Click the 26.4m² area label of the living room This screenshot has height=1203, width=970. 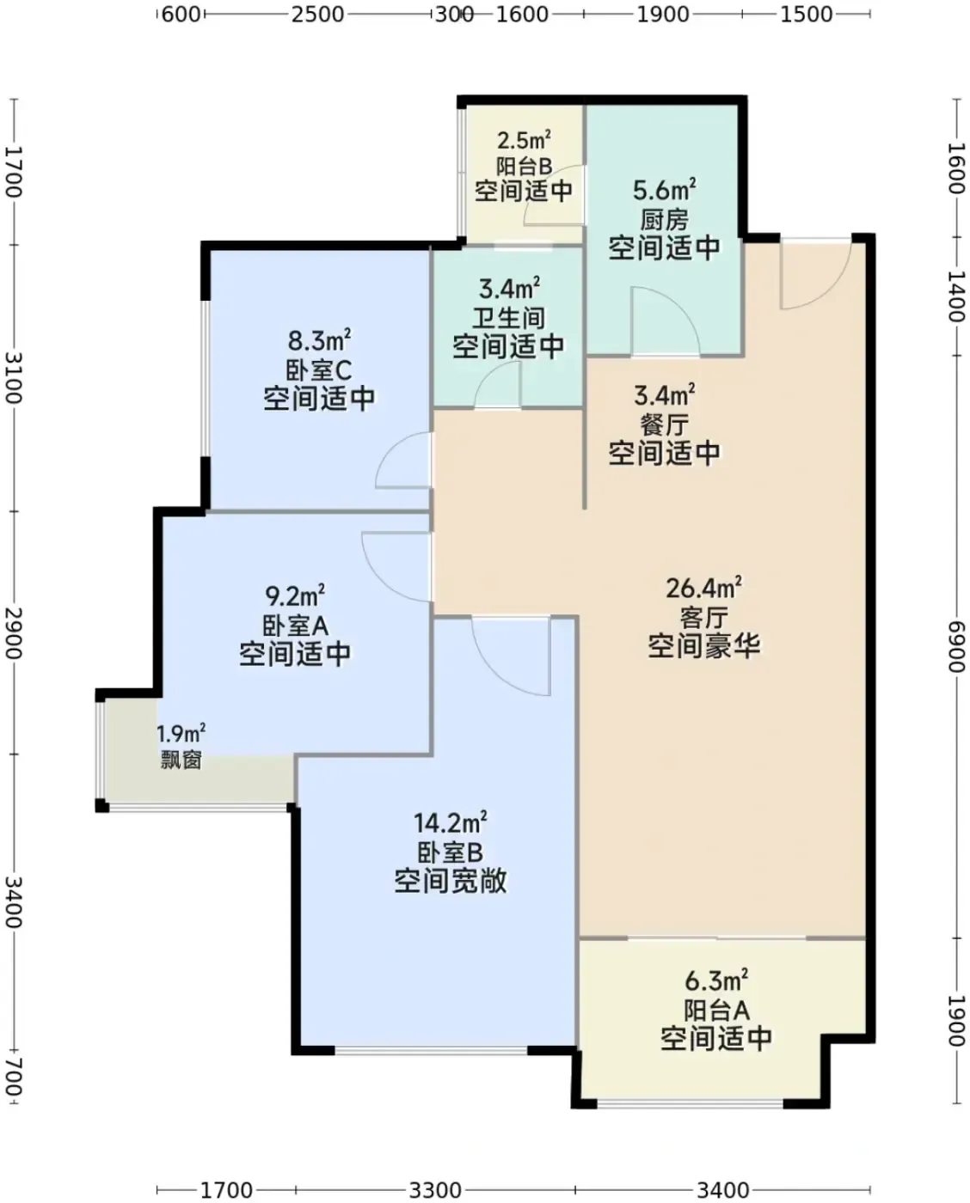[x=703, y=588]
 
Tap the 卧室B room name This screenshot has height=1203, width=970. [x=450, y=852]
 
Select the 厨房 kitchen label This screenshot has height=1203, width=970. [x=664, y=220]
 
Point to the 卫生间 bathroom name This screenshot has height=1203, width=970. [x=508, y=318]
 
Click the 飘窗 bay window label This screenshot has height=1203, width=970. [x=181, y=760]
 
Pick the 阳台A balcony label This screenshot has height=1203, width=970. [x=716, y=1011]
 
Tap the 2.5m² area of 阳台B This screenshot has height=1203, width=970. [x=525, y=140]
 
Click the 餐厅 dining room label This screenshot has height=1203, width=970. [x=664, y=425]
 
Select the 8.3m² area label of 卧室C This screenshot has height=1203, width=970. [x=319, y=340]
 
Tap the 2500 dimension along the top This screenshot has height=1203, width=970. [x=317, y=15]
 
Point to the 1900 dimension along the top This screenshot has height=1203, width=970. [x=663, y=15]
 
